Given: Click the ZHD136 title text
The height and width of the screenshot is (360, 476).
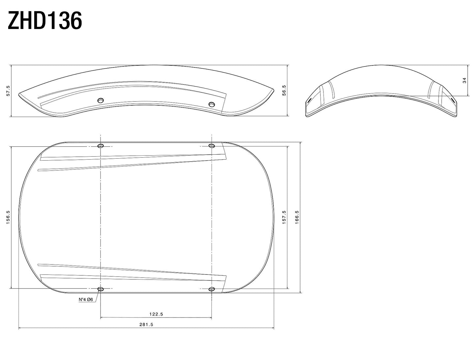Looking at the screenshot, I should (45, 21).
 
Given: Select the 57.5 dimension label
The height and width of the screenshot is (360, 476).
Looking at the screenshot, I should (9, 91).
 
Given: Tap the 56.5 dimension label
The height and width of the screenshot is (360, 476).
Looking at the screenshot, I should (284, 90).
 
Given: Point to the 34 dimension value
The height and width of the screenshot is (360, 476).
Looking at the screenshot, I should (464, 81).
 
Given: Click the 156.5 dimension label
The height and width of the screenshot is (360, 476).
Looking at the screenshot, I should (9, 218).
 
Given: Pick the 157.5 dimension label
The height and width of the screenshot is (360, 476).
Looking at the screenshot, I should (284, 218).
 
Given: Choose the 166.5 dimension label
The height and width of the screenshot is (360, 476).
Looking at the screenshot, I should (297, 218).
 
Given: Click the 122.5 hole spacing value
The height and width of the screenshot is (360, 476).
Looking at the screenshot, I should (156, 314).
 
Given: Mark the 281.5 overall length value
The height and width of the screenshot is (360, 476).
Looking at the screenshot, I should (146, 324).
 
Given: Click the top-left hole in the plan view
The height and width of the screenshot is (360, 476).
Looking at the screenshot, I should (101, 146).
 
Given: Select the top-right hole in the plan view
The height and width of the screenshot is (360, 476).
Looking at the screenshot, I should (211, 146).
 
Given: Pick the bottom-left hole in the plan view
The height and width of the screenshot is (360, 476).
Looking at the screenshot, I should (101, 289).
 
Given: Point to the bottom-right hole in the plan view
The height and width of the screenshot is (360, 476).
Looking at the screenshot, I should (211, 289).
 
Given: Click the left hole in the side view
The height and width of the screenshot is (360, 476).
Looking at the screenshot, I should (101, 100).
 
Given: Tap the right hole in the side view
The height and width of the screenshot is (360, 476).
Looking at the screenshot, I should (211, 104).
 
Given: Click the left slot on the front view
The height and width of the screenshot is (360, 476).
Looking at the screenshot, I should (310, 100).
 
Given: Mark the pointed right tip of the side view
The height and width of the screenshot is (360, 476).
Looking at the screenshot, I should (273, 90).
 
